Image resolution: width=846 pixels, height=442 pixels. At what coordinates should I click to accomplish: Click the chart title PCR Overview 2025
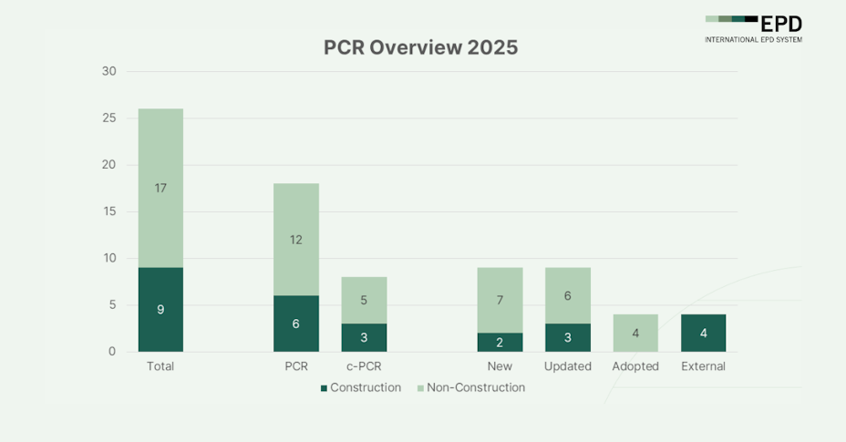click(x=420, y=47)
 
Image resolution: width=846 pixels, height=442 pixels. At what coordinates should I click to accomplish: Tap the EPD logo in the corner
click(x=753, y=28)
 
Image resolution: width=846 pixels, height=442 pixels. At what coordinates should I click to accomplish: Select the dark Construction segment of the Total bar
click(x=160, y=309)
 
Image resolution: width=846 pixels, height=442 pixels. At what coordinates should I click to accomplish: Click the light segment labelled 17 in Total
click(x=160, y=188)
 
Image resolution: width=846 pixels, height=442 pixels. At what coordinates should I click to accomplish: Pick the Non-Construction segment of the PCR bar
click(x=296, y=239)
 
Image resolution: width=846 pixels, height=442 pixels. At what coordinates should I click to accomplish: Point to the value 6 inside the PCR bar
click(x=296, y=324)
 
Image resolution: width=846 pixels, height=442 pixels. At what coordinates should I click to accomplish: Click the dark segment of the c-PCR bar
click(x=364, y=337)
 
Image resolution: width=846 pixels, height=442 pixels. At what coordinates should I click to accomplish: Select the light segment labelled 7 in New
click(x=500, y=300)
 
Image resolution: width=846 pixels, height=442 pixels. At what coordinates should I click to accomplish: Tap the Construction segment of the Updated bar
click(x=568, y=337)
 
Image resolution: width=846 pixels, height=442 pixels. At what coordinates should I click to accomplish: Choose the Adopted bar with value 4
click(x=635, y=333)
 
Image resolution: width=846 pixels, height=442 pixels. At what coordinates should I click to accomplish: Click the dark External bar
click(x=703, y=333)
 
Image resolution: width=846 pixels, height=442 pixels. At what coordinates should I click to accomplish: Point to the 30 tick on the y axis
click(x=109, y=71)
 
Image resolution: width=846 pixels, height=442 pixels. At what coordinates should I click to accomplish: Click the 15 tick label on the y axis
click(x=109, y=211)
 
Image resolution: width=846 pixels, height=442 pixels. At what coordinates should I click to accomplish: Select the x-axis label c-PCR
click(x=364, y=366)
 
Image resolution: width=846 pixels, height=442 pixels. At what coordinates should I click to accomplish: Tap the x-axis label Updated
click(x=568, y=366)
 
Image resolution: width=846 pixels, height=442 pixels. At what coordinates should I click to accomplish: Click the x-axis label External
click(x=703, y=366)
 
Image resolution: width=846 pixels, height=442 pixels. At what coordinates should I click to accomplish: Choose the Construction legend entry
click(x=361, y=387)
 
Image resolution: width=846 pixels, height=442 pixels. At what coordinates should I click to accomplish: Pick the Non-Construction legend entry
click(x=471, y=387)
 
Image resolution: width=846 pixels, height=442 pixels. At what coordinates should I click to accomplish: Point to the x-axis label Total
click(x=160, y=366)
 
